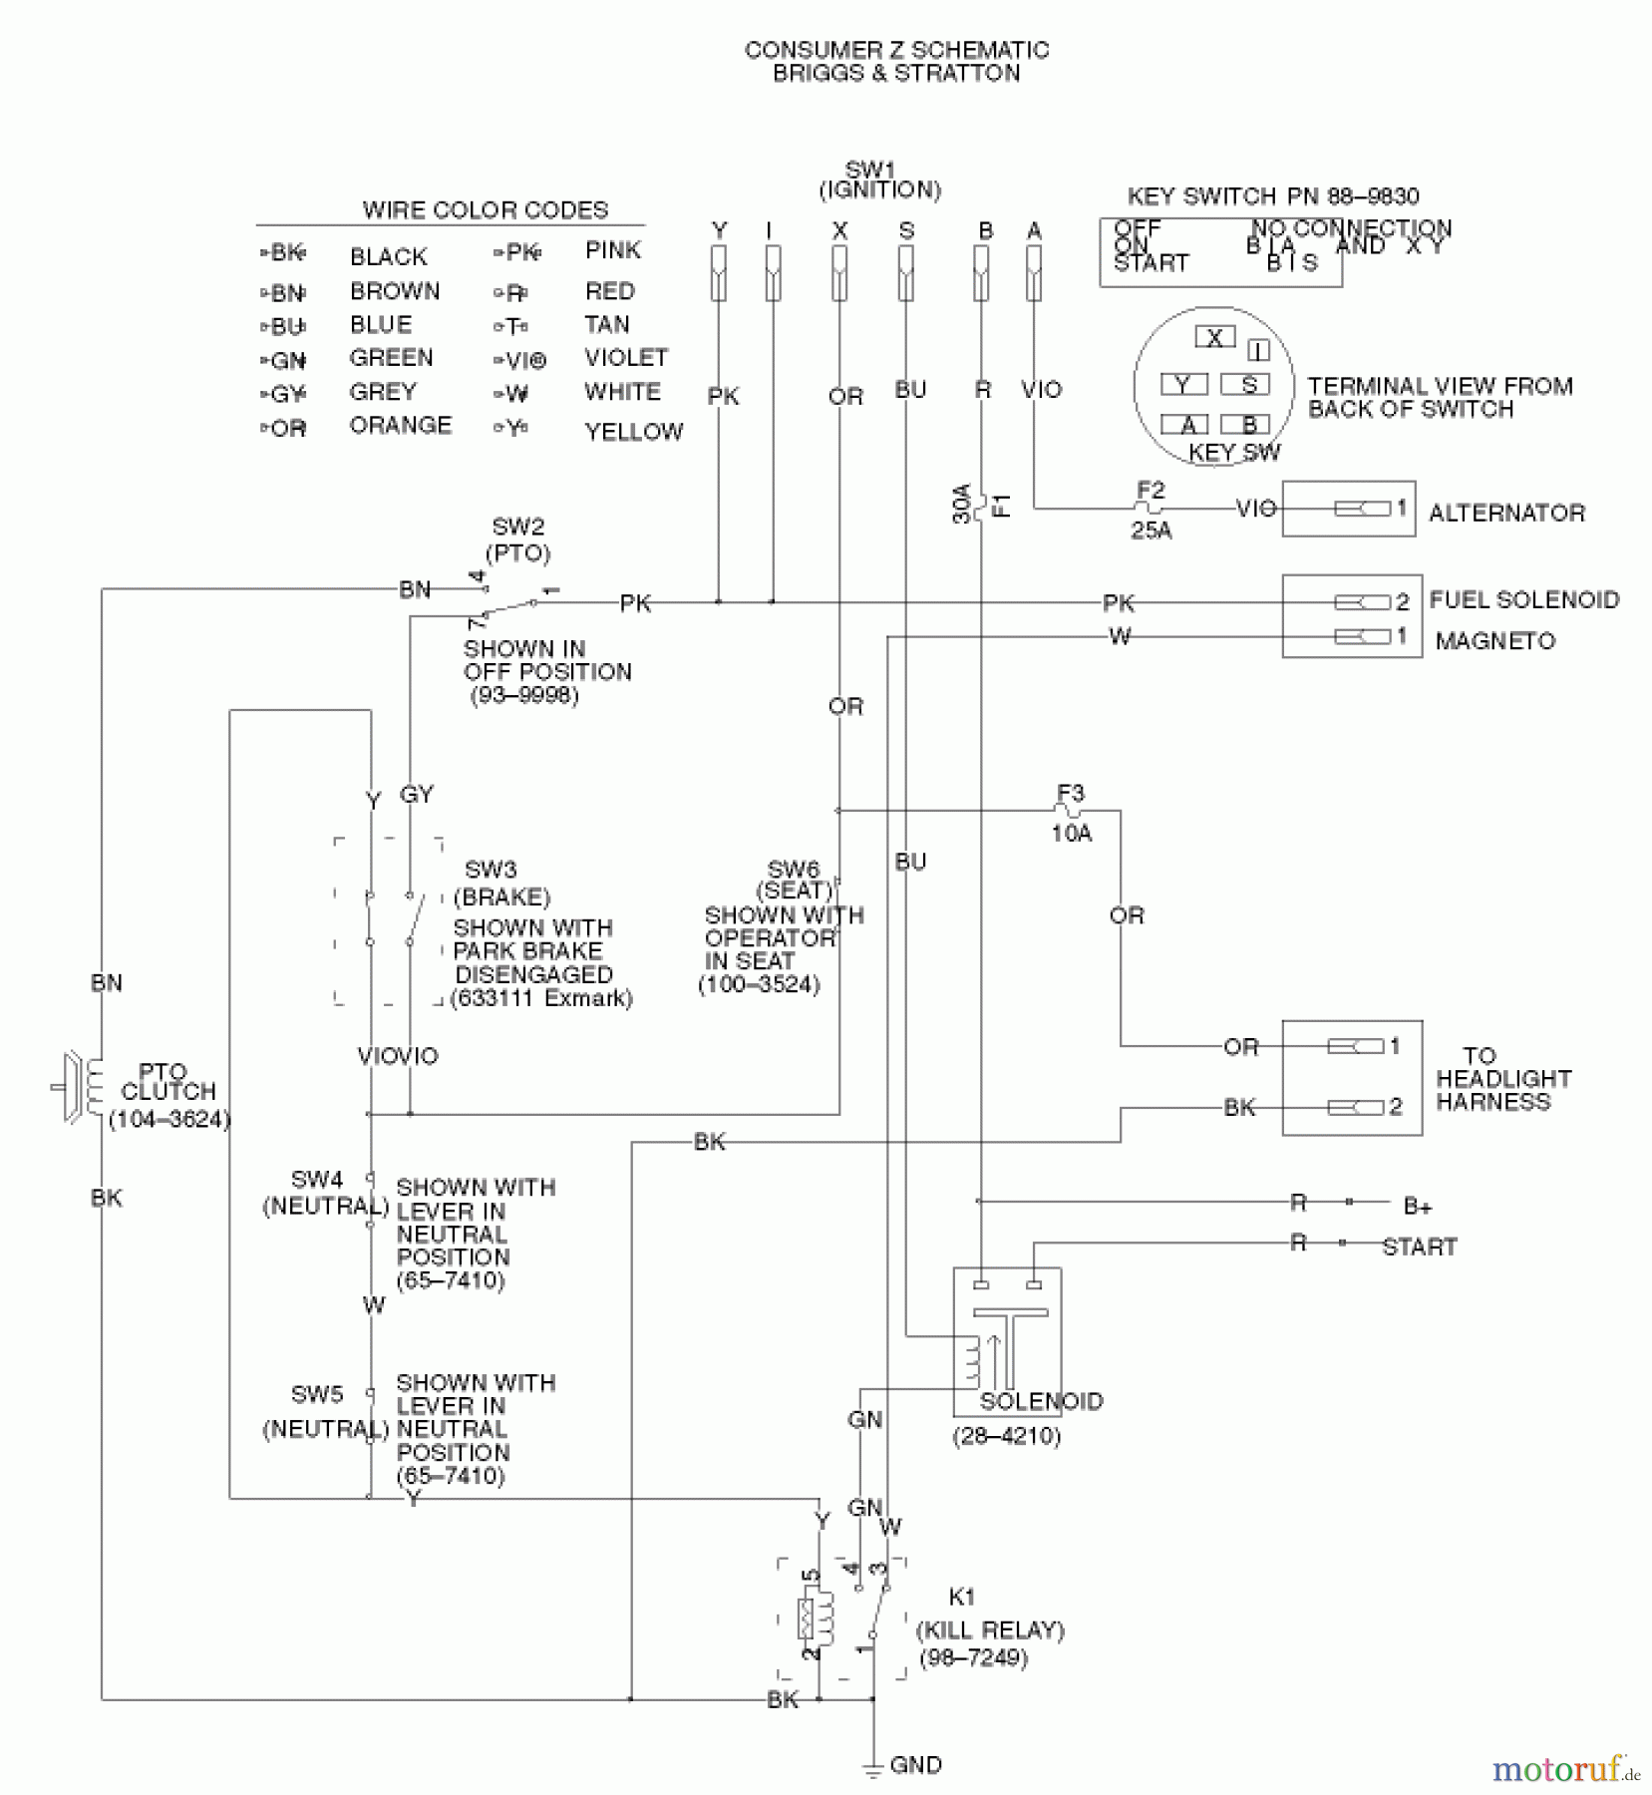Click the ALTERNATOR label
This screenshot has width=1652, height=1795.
pos(1505,513)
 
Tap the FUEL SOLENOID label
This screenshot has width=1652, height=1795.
pos(1523,599)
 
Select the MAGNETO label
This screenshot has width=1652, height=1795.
pos(1494,641)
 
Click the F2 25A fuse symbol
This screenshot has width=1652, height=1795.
pos(1150,508)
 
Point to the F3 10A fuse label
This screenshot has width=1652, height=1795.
pos(1070,813)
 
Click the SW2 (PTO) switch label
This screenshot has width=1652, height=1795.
pos(517,539)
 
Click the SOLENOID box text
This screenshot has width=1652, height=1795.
pos(1041,1401)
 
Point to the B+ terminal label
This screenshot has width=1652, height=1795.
pos(1417,1206)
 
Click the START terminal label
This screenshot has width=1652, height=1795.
pos(1419,1247)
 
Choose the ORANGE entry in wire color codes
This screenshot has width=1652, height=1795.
pos(400,426)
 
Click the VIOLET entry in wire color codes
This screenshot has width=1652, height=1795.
pos(626,357)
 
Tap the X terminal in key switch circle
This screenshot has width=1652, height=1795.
pos(1214,338)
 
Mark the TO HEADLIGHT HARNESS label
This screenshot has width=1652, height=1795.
pos(1502,1079)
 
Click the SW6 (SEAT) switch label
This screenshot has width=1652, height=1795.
pos(794,880)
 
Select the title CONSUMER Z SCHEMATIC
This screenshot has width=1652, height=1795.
pos(896,50)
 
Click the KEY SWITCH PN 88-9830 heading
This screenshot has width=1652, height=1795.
pos(1272,196)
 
